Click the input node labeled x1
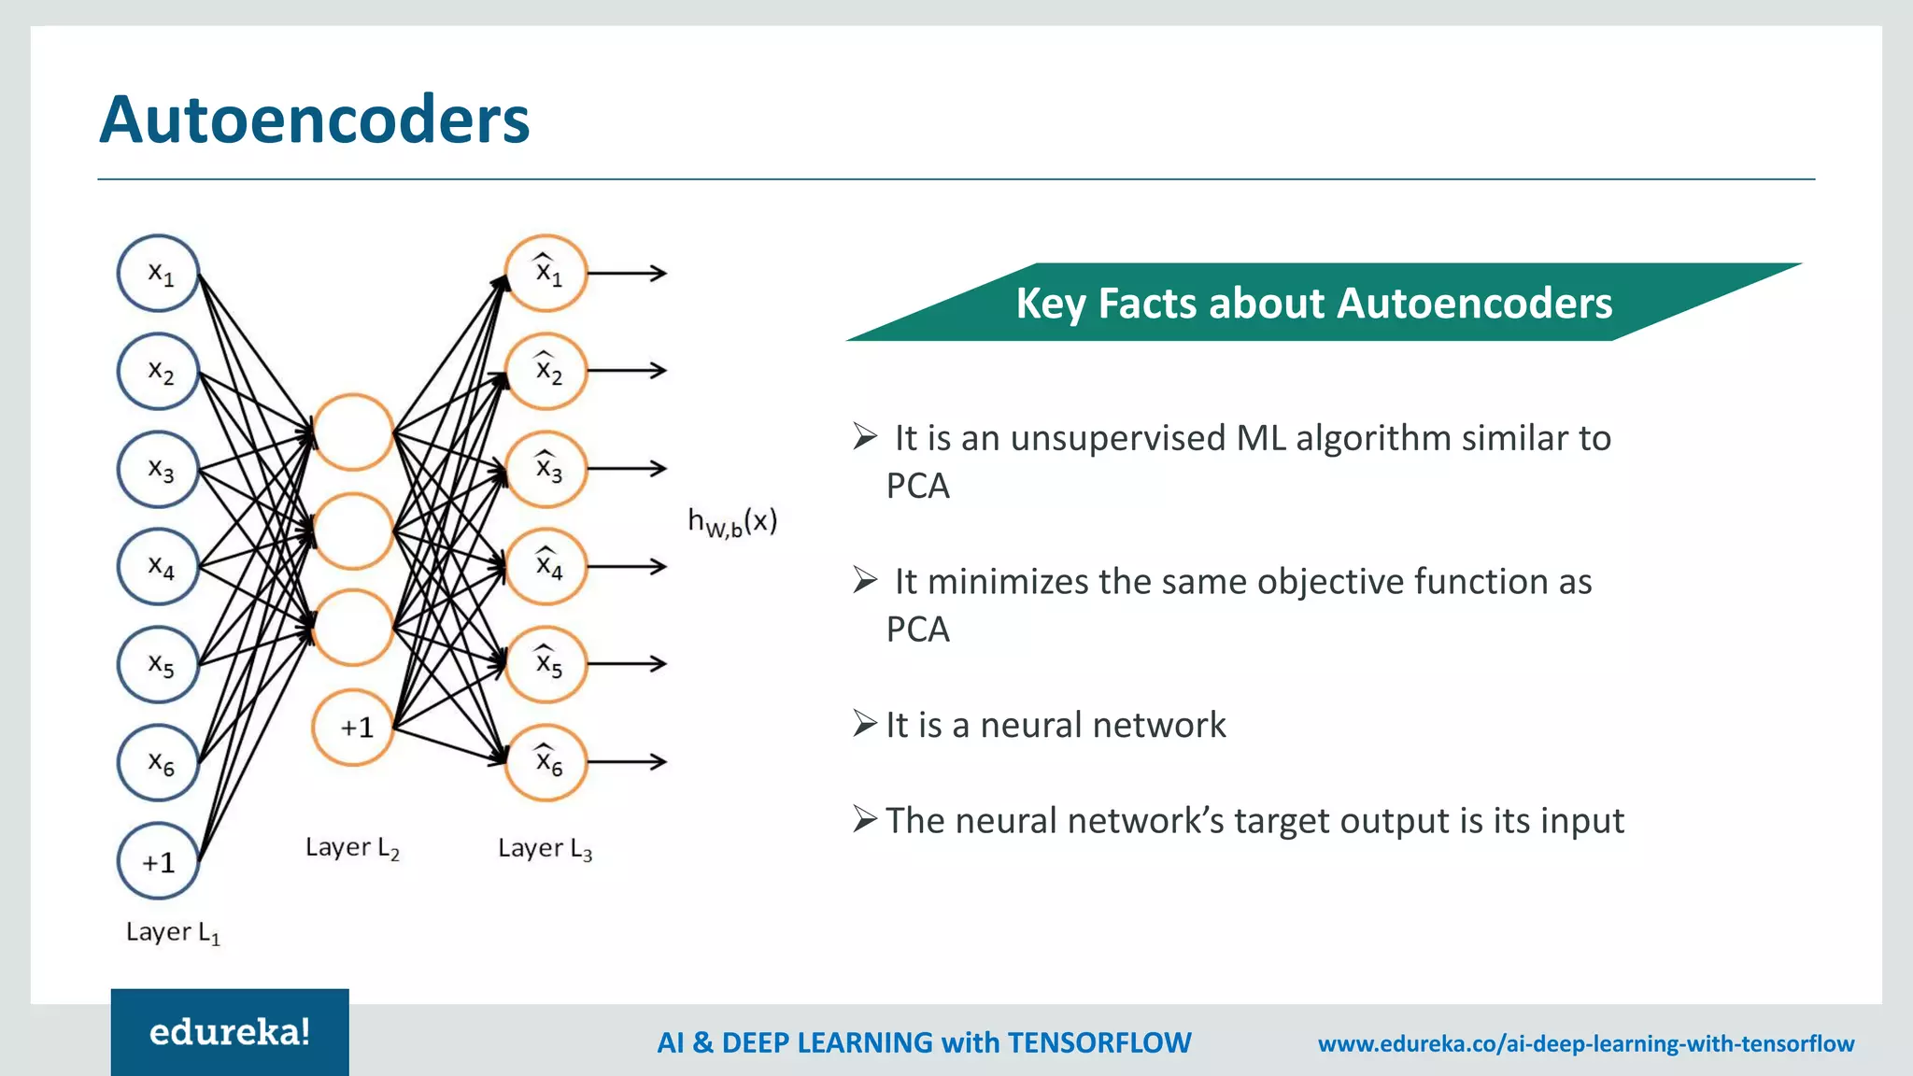[159, 274]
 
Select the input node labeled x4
[159, 566]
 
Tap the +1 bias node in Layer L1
[159, 861]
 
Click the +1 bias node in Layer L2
[353, 727]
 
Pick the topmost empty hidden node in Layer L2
[353, 432]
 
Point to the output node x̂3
[546, 468]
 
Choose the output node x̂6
[546, 762]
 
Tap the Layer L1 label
[173, 932]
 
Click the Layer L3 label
[545, 849]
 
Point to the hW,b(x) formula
[732, 521]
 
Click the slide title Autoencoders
[314, 120]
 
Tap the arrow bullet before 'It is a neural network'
[865, 724]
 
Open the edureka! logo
[230, 1032]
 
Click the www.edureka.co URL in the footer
[1585, 1043]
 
